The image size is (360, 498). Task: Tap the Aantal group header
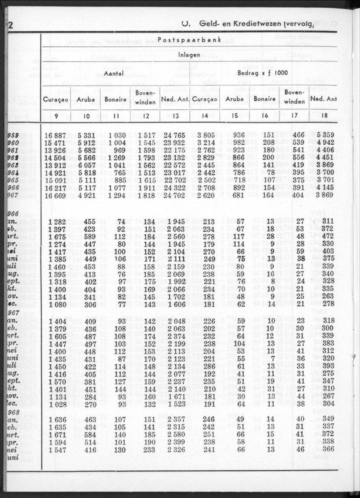click(x=114, y=73)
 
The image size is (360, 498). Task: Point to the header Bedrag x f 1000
click(x=263, y=73)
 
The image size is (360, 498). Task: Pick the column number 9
click(x=57, y=115)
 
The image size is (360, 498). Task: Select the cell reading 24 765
click(x=175, y=135)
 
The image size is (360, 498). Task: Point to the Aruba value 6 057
click(x=87, y=165)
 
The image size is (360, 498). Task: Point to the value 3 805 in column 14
click(x=206, y=135)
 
